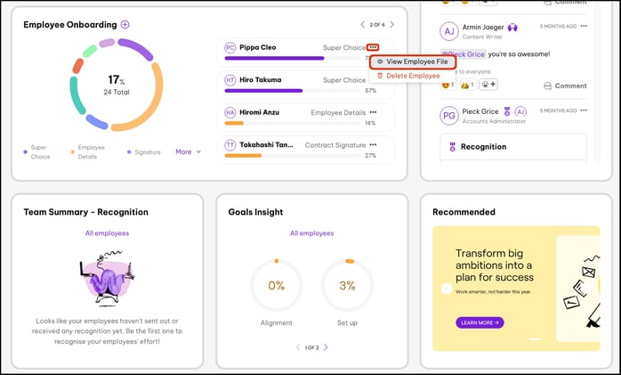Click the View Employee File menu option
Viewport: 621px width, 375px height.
413,61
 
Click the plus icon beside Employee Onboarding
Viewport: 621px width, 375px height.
125,25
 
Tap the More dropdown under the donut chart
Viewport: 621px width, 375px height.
188,152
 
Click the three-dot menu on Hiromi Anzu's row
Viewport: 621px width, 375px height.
373,112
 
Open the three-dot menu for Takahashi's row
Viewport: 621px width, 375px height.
373,144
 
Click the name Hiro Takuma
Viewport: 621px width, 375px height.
259,79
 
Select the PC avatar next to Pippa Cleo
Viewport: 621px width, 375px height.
230,47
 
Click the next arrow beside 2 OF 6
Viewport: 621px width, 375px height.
391,25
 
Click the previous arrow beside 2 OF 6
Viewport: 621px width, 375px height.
362,25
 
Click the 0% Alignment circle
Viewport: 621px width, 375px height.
276,286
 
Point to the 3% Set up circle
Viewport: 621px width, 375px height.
347,286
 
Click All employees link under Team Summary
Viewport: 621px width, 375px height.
107,233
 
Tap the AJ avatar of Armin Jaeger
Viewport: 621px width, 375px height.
449,31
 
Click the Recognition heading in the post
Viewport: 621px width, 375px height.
483,147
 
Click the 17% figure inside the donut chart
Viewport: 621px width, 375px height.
114,79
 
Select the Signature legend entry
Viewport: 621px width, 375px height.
147,152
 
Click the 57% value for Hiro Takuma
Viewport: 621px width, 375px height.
370,90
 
